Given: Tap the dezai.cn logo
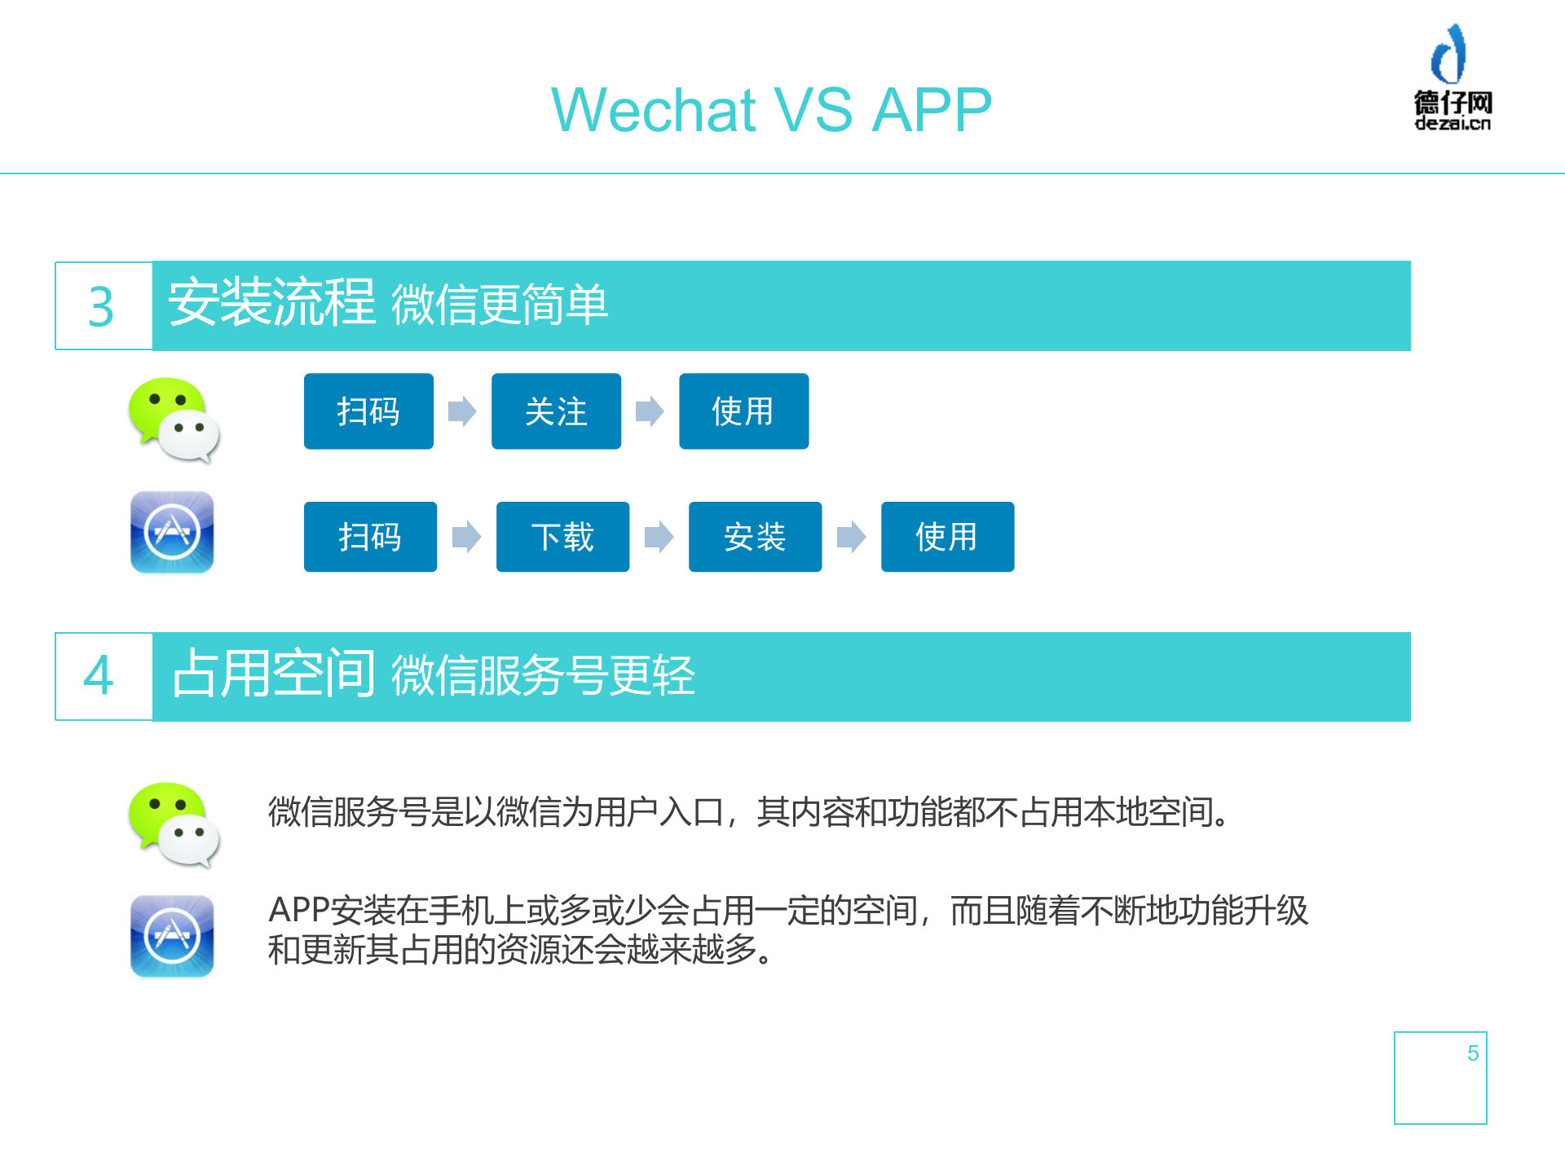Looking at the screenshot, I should click(1452, 78).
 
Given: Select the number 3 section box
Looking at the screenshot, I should click(103, 306).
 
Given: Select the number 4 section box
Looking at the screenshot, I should click(103, 676).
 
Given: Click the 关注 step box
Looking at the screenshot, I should click(556, 411).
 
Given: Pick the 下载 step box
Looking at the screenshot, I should click(562, 537).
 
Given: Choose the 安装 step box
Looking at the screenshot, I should click(755, 537).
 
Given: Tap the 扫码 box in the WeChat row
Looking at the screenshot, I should click(368, 411).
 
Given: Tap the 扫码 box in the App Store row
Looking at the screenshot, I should click(370, 537).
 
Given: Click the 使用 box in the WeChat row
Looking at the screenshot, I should click(743, 411).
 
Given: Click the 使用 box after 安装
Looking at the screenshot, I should click(947, 537).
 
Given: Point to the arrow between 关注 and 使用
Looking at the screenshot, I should click(650, 411).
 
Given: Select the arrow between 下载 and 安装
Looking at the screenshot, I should click(659, 537).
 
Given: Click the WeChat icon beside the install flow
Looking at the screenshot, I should click(174, 420).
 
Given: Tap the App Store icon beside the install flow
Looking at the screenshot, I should click(172, 533).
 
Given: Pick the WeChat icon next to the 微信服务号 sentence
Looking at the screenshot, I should click(174, 824).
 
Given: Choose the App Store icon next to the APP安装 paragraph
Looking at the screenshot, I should click(172, 936).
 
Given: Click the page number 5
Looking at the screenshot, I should click(1472, 1053).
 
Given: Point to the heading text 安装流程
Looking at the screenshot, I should click(271, 303).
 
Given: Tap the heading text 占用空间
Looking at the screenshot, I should click(273, 674).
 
